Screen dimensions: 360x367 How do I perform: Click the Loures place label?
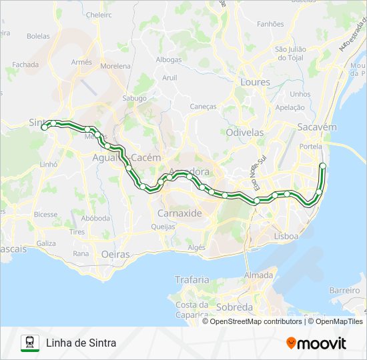[x=256, y=83]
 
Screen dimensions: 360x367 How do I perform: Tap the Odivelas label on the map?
[x=244, y=133]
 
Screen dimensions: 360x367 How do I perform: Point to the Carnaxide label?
[x=179, y=213]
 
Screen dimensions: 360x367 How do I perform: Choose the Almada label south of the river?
[x=258, y=275]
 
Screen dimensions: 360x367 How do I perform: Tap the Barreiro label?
[x=344, y=291]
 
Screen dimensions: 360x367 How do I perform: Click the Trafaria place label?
[x=192, y=280]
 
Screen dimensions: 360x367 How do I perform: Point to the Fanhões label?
[x=270, y=24]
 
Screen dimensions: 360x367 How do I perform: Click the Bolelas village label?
[x=38, y=36]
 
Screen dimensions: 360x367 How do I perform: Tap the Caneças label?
[x=204, y=106]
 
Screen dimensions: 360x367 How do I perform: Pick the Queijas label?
[x=163, y=227]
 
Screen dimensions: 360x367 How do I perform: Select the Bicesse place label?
[x=45, y=215]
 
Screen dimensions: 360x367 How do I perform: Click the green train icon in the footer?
[x=29, y=343]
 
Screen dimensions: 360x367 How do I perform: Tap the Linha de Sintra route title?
[x=81, y=343]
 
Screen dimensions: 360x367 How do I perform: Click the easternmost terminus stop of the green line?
[x=323, y=165]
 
